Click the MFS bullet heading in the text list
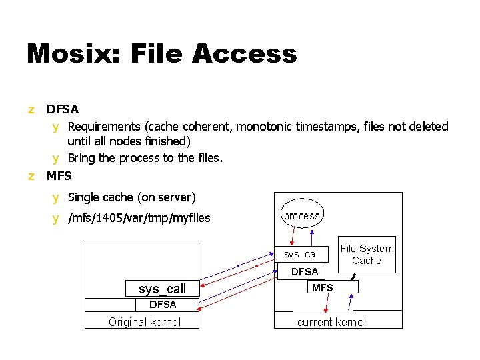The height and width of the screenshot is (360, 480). [x=59, y=177]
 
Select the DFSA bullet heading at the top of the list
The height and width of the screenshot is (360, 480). [x=63, y=109]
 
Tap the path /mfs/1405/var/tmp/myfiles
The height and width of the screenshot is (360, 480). [x=139, y=218]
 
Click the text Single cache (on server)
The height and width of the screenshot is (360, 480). [x=132, y=197]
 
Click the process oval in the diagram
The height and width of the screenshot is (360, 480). [x=301, y=215]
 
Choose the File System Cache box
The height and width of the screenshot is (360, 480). [x=367, y=255]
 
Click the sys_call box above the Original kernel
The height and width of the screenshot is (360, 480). [x=163, y=289]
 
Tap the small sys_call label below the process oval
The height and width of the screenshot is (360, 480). [x=302, y=254]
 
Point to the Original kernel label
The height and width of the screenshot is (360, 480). [x=144, y=322]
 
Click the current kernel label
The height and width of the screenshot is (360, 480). [x=331, y=322]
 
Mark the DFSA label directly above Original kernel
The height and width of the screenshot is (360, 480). [x=163, y=305]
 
